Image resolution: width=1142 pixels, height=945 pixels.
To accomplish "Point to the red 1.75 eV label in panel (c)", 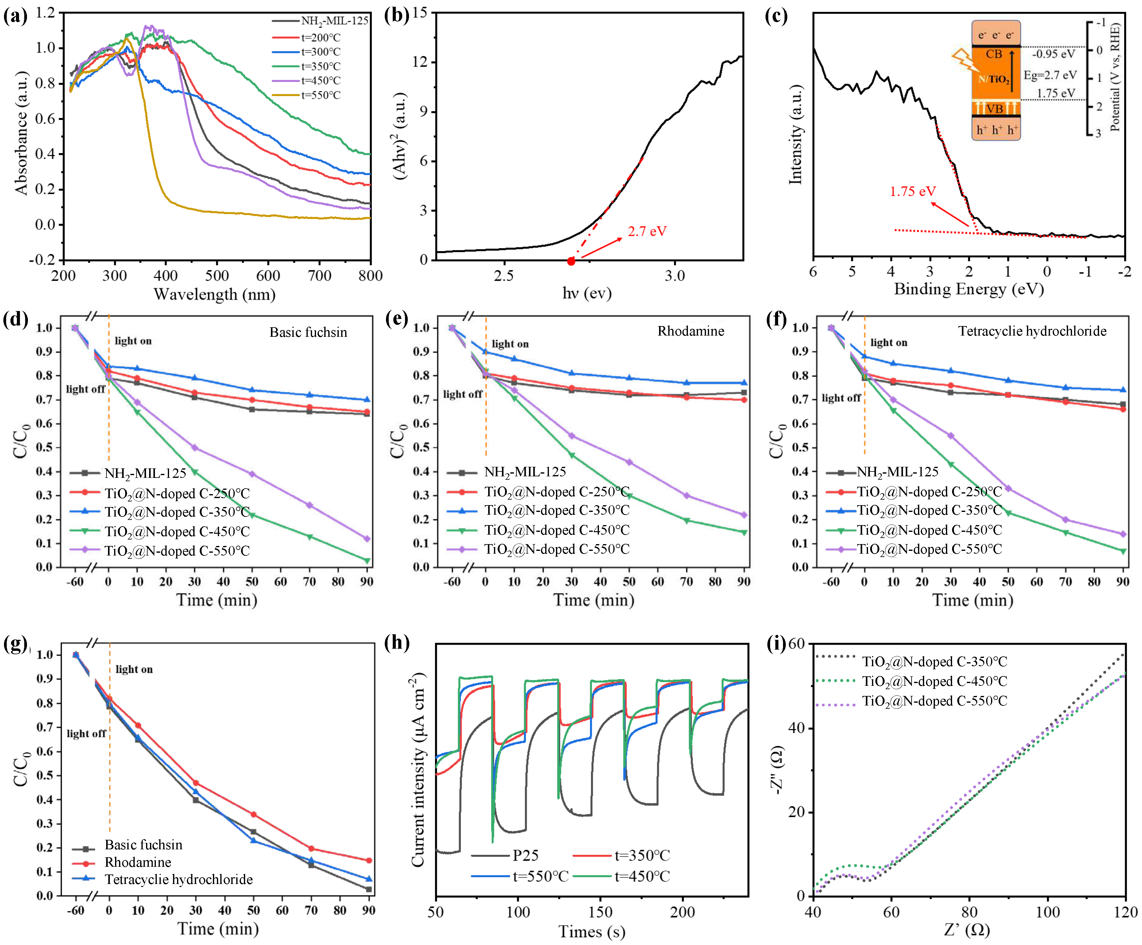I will coord(912,191).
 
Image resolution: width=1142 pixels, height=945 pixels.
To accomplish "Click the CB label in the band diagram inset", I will coord(993,54).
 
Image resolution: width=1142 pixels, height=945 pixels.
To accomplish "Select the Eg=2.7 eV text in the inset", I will coord(1050,75).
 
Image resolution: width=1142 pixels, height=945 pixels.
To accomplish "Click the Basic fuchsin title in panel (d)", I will coord(308,332).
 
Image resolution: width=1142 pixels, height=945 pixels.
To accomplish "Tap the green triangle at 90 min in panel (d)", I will coord(367,561).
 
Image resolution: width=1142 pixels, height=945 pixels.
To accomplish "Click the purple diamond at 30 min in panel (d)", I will coord(194,448).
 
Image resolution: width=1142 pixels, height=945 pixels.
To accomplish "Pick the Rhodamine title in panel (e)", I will coord(691,331).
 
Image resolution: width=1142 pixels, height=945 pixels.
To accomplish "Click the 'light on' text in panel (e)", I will coord(510,344).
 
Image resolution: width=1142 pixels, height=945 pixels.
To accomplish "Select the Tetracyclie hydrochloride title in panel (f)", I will coord(1032,331).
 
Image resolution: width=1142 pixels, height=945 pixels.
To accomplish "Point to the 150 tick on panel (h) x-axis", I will coord(600,912).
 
